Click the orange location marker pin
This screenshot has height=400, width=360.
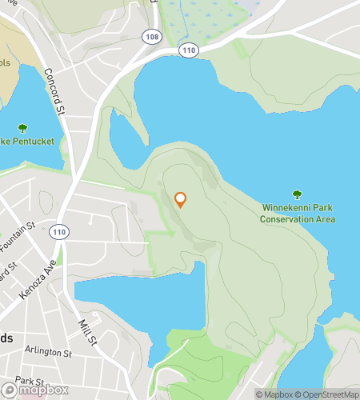pyautogui.click(x=180, y=199)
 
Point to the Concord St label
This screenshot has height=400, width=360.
pyautogui.click(x=54, y=90)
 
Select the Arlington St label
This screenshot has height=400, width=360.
pyautogui.click(x=48, y=352)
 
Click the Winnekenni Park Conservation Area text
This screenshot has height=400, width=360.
pyautogui.click(x=298, y=213)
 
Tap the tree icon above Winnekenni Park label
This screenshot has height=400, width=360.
pyautogui.click(x=298, y=194)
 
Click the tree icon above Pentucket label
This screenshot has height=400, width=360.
pyautogui.click(x=22, y=127)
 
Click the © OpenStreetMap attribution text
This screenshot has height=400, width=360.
pyautogui.click(x=328, y=394)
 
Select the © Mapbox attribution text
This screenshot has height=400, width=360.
pyautogui.click(x=276, y=394)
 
